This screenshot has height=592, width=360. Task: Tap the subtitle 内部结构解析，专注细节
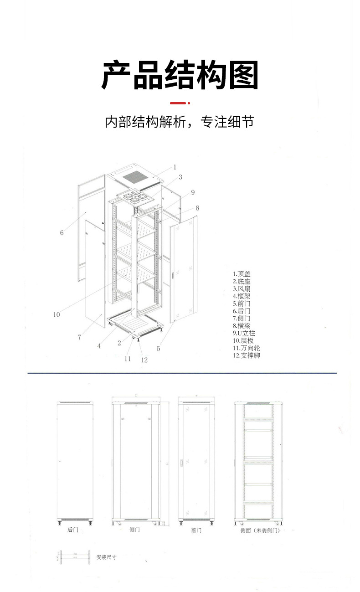click(179, 122)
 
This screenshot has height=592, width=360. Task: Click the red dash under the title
click(178, 103)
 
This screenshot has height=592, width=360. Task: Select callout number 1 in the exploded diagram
click(175, 167)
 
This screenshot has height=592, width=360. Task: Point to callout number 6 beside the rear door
click(62, 233)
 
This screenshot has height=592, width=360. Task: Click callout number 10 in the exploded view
click(57, 314)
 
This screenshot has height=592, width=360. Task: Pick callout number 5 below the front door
click(158, 349)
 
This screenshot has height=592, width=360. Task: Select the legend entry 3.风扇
click(241, 288)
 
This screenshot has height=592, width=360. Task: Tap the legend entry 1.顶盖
click(241, 274)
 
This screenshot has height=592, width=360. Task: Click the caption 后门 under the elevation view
click(73, 530)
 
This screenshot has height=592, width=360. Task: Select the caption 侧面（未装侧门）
click(260, 530)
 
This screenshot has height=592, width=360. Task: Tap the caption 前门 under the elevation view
click(196, 530)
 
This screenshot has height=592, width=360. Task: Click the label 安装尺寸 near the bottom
click(106, 557)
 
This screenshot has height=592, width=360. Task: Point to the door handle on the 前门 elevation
click(182, 462)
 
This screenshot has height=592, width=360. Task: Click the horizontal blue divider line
click(182, 373)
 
